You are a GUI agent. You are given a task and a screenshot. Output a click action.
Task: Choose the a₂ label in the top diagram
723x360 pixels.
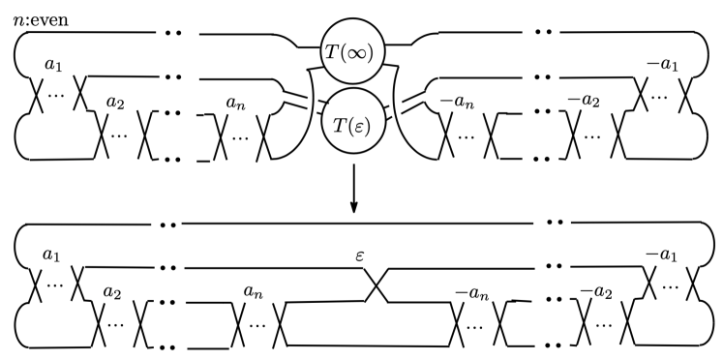pos(115,102)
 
